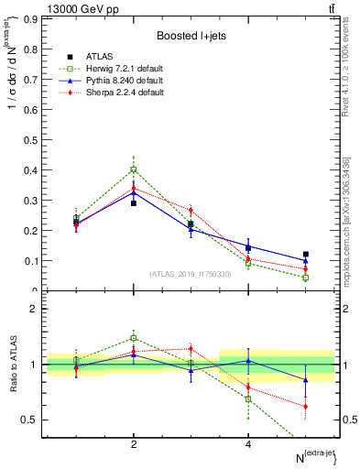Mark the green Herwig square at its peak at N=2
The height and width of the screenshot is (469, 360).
tap(134, 169)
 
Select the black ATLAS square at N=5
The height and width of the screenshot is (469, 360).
tap(306, 254)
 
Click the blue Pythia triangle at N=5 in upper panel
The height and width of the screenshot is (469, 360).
tap(306, 260)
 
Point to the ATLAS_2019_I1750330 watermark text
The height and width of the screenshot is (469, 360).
tap(191, 274)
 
